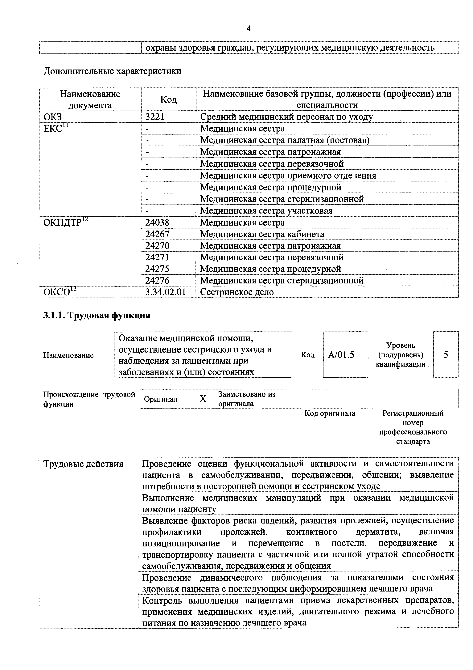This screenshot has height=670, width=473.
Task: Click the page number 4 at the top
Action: tap(249, 28)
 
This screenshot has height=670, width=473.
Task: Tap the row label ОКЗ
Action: tap(53, 117)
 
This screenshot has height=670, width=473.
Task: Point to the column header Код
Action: tap(168, 100)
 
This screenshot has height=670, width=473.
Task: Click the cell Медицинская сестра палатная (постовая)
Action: tap(285, 140)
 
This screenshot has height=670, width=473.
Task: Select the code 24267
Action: tap(157, 234)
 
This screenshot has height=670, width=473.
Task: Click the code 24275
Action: tap(157, 269)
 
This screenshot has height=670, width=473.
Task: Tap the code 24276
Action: tap(157, 280)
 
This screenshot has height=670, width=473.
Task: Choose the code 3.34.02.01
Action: tap(166, 292)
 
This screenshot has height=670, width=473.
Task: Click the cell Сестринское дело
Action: tap(237, 292)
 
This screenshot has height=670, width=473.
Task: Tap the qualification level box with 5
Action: tap(446, 355)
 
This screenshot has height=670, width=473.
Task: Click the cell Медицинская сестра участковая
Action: tap(266, 210)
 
